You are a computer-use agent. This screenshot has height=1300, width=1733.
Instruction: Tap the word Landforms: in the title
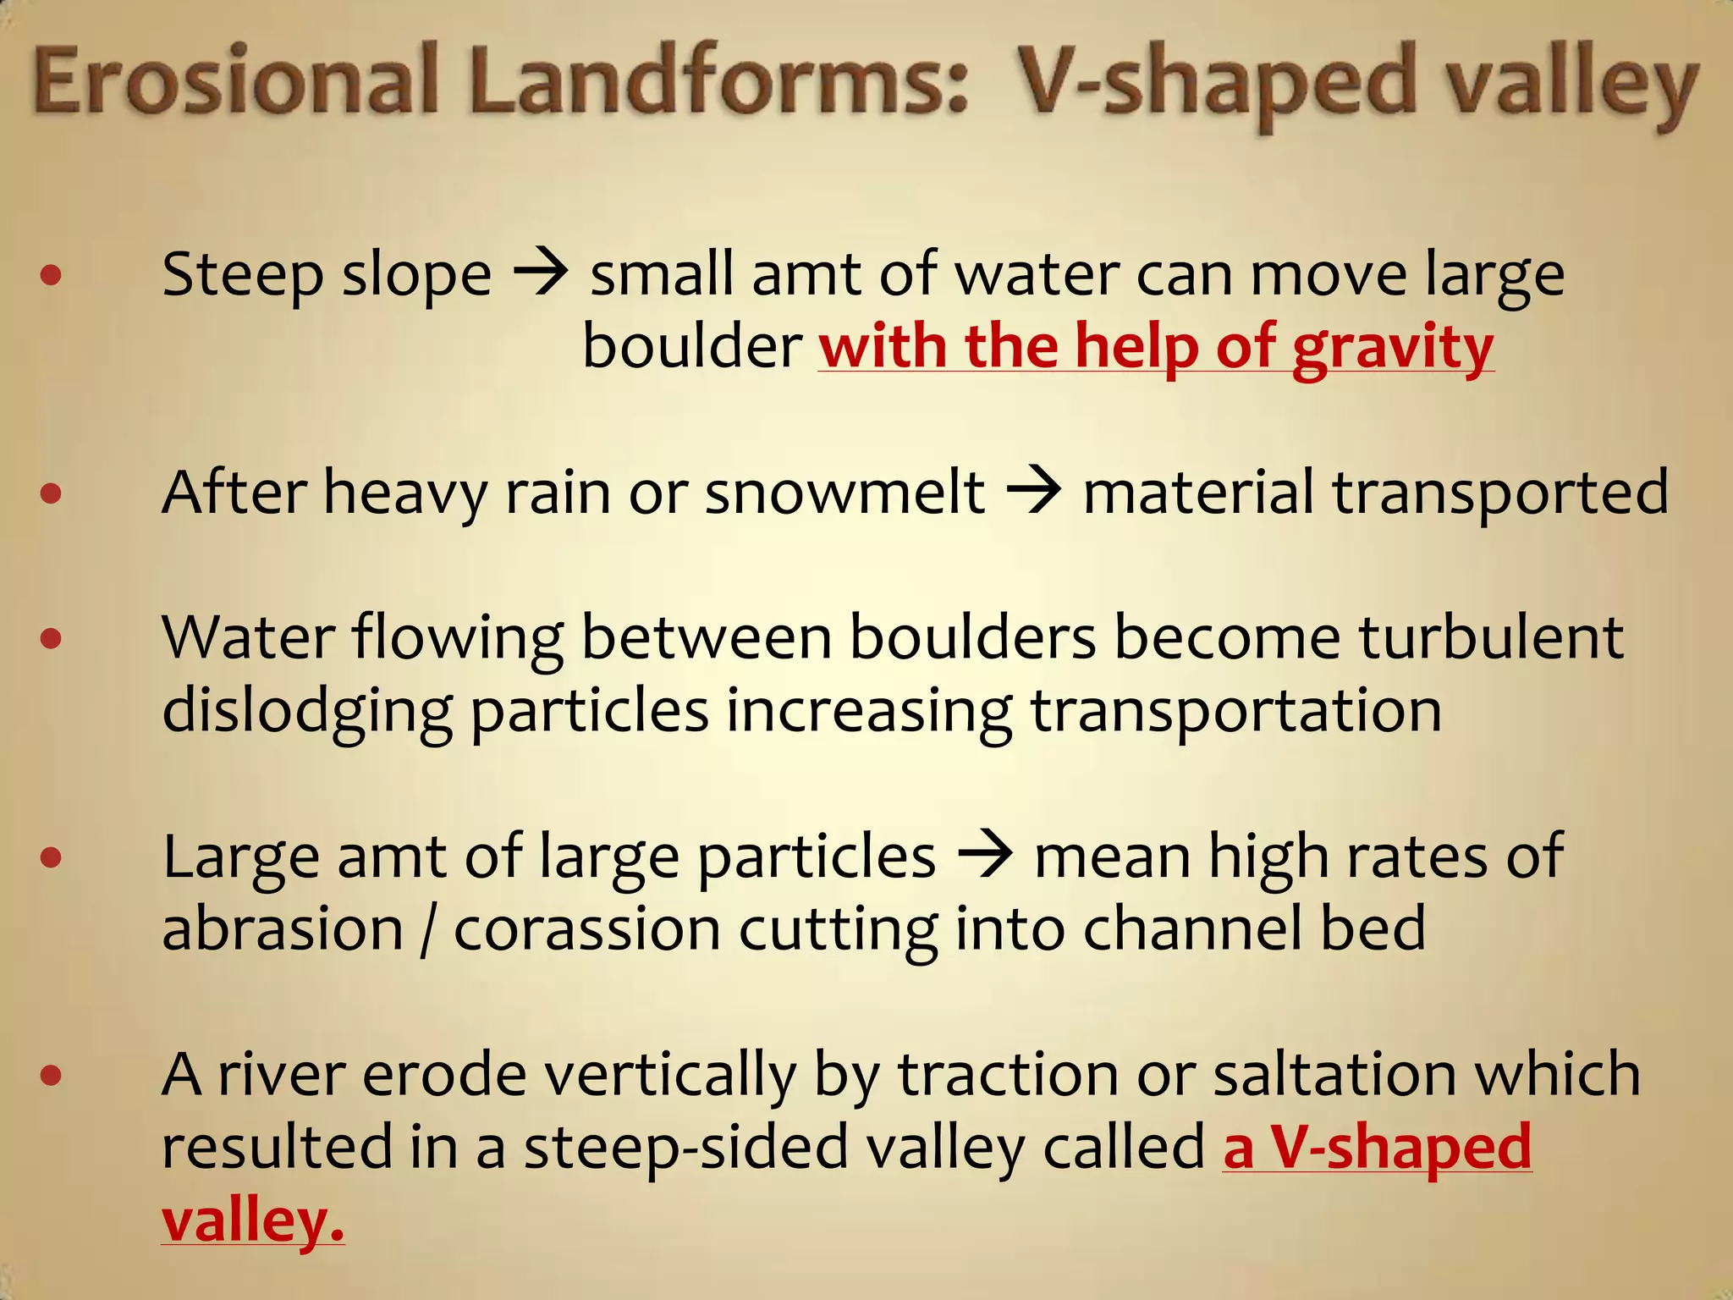coord(718,82)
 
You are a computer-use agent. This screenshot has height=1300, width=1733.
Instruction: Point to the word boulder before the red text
coord(692,347)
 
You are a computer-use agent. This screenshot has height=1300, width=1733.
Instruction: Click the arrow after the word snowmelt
coord(1034,492)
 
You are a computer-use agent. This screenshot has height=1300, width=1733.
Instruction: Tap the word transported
coord(1500,493)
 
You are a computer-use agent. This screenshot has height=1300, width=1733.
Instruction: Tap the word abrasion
coord(283,928)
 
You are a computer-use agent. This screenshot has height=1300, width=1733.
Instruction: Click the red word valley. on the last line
coord(253,1221)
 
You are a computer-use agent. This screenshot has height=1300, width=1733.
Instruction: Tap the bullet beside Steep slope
coord(51,275)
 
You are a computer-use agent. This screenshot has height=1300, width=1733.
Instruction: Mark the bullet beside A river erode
coord(51,1076)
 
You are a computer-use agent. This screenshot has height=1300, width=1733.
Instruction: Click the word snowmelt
coord(844,492)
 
